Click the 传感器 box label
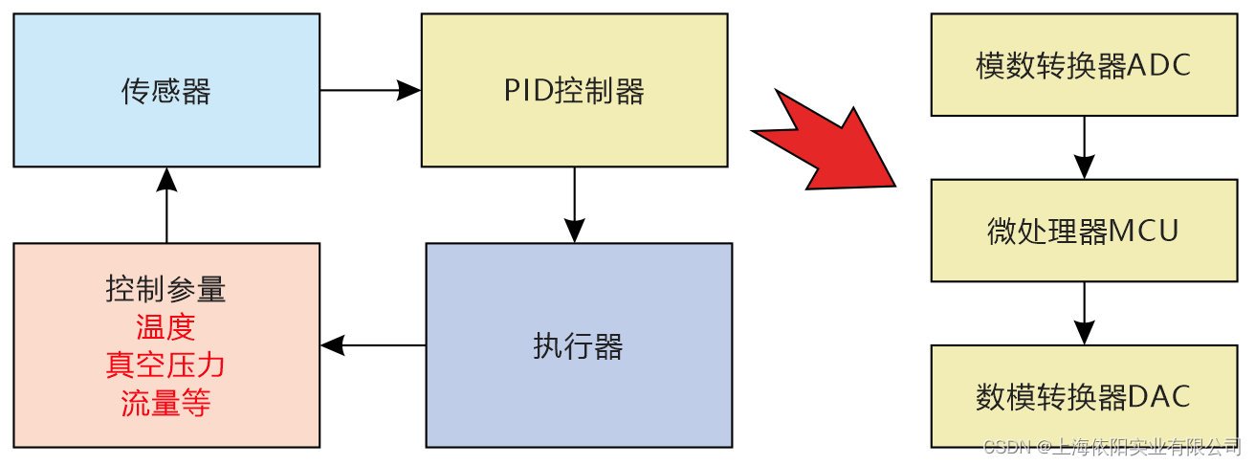(x=165, y=91)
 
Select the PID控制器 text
(x=574, y=91)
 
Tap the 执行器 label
(x=578, y=346)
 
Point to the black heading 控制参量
(x=165, y=289)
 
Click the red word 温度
(x=165, y=327)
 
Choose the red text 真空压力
(x=165, y=365)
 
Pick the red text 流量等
(x=165, y=403)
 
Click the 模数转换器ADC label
(x=1084, y=66)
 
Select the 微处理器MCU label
(x=1084, y=231)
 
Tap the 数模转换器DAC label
(x=1084, y=397)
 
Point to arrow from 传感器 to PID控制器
(x=370, y=90)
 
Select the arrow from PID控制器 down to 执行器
(x=574, y=205)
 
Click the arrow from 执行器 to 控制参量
(x=373, y=345)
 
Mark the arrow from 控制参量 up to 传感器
(x=166, y=205)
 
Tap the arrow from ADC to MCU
(x=1084, y=148)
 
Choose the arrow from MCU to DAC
(x=1084, y=313)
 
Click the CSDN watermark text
(x=1112, y=447)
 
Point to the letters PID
(x=528, y=91)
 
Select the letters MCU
(x=1143, y=231)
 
